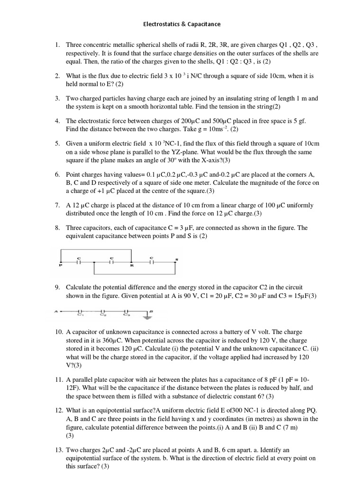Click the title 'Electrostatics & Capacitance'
[x=182, y=24]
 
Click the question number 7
[x=56, y=206]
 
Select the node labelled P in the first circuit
[x=61, y=261]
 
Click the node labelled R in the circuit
[x=131, y=261]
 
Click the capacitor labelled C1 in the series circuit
[x=81, y=311]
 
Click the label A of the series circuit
[x=56, y=311]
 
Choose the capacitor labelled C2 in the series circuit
[x=103, y=311]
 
